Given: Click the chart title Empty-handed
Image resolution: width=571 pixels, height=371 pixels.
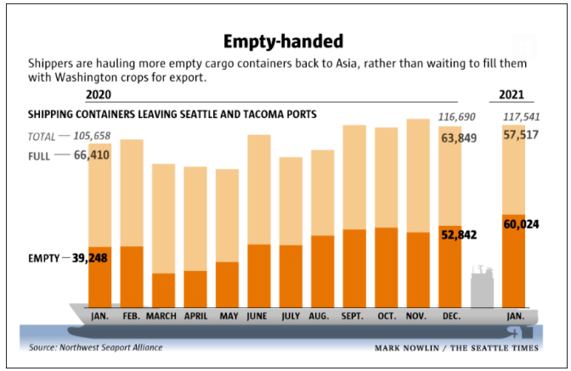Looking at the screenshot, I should [285, 41].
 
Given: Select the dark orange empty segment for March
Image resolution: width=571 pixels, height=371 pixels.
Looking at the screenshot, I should [163, 289].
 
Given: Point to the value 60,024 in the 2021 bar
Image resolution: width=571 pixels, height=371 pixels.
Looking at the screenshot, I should [527, 225].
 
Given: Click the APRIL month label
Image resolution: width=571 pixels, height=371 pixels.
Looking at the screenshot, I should [195, 316].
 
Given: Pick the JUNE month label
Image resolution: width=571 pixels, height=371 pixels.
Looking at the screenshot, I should [258, 316].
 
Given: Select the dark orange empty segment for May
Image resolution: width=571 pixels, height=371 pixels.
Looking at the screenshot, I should [227, 284].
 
